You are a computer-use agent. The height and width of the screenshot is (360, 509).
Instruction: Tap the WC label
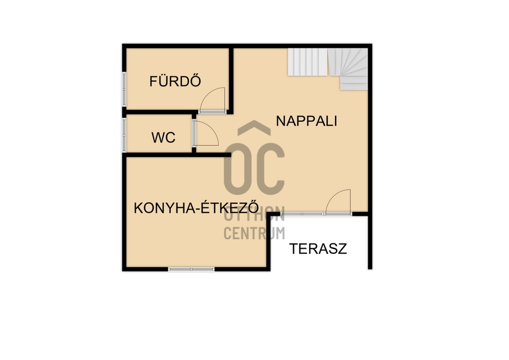point(163,138)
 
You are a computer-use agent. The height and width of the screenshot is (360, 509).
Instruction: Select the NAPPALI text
point(306,121)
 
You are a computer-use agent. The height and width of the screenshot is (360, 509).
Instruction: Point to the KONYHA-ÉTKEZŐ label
point(196,208)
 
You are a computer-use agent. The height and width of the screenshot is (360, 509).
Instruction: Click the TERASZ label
point(318,249)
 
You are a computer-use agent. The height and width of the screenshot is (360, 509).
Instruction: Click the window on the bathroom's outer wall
point(124,89)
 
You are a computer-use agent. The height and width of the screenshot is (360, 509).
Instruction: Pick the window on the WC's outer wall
point(124,135)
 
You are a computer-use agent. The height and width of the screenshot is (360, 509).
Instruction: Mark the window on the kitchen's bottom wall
point(191,269)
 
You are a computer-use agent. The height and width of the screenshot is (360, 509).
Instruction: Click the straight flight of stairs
point(308,62)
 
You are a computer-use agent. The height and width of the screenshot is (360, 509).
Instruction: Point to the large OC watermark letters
point(254,169)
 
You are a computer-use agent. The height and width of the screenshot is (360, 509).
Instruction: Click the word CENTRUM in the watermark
point(254,233)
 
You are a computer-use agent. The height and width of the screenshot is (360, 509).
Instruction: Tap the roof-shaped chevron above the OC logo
point(254,128)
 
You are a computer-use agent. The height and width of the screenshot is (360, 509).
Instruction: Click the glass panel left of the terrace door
point(303,214)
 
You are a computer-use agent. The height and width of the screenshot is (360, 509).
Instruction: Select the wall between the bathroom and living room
point(231,81)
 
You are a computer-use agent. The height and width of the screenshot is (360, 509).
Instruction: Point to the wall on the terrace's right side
point(370,242)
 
